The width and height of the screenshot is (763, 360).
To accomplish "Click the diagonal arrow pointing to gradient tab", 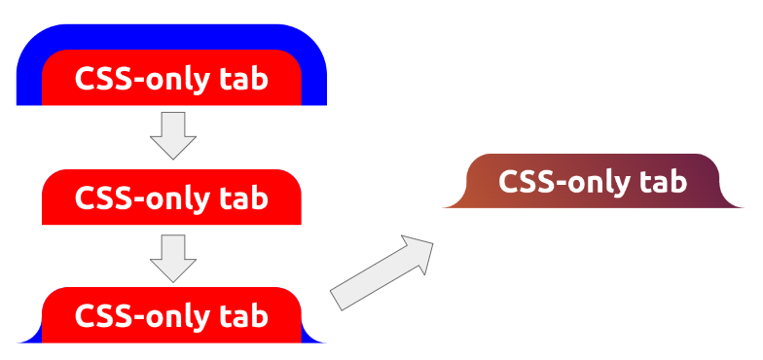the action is [x=382, y=272].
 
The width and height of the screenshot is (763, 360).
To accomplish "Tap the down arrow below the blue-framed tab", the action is [x=173, y=134].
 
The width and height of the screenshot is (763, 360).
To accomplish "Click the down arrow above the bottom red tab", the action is [x=173, y=257].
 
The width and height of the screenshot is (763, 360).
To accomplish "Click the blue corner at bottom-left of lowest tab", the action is [x=33, y=337].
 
